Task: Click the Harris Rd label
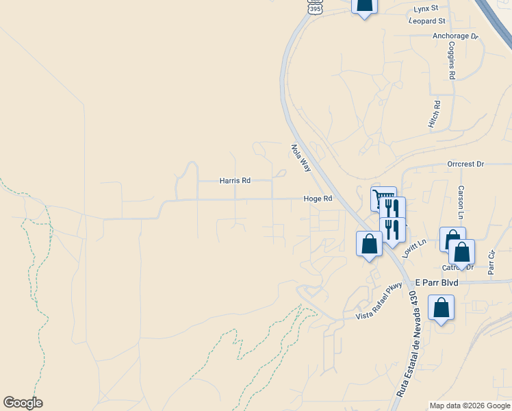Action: pyautogui.click(x=235, y=181)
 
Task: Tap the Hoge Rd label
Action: pyautogui.click(x=318, y=199)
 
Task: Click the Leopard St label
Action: pyautogui.click(x=427, y=22)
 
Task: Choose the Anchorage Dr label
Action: pyautogui.click(x=455, y=36)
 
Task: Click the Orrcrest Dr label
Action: pyautogui.click(x=465, y=164)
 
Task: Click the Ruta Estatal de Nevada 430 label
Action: pyautogui.click(x=407, y=345)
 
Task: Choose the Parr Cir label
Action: pyautogui.click(x=491, y=262)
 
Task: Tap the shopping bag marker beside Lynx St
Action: pyautogui.click(x=364, y=5)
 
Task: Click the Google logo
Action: pyautogui.click(x=23, y=403)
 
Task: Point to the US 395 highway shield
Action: pyautogui.click(x=314, y=7)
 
